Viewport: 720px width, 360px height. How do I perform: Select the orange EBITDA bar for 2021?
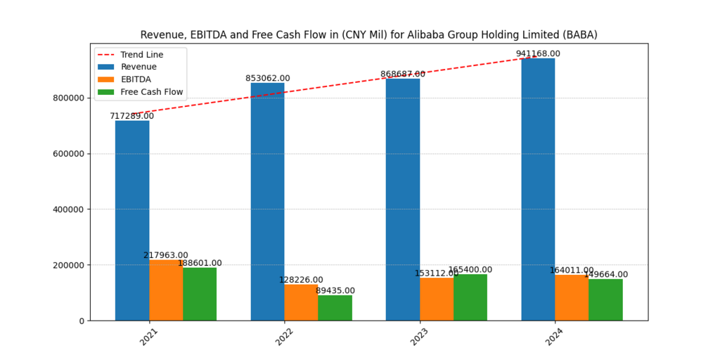pyautogui.click(x=166, y=290)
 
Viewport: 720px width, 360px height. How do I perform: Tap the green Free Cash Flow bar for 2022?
pyautogui.click(x=335, y=307)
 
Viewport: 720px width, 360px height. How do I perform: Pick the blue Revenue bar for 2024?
pyautogui.click(x=538, y=189)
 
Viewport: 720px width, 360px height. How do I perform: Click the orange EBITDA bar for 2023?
pyautogui.click(x=437, y=299)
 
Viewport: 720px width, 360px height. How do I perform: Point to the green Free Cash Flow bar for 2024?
pyautogui.click(x=605, y=300)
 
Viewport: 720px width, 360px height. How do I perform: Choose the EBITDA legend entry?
pyautogui.click(x=136, y=79)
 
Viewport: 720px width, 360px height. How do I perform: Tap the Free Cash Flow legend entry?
pyautogui.click(x=151, y=92)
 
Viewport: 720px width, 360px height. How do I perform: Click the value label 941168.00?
pyautogui.click(x=538, y=53)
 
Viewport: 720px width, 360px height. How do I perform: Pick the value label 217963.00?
pyautogui.click(x=166, y=255)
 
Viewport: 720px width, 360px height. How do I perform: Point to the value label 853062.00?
pyautogui.click(x=267, y=78)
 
